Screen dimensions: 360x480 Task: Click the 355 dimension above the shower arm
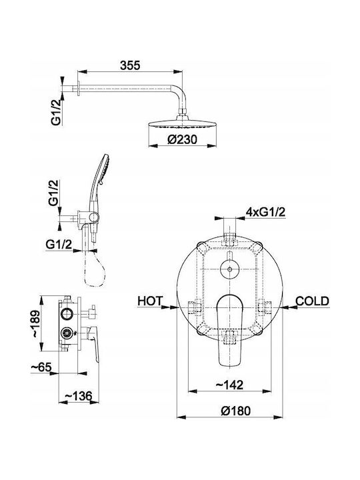(x=130, y=65)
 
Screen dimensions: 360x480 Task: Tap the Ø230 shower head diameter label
(x=183, y=139)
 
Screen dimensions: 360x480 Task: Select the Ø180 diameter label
(x=236, y=411)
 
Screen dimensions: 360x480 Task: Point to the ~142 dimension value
(x=229, y=385)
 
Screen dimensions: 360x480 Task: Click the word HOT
(x=150, y=301)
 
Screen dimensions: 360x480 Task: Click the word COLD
(x=312, y=301)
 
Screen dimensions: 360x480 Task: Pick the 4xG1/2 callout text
(x=266, y=212)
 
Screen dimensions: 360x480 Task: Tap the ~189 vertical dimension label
(x=35, y=324)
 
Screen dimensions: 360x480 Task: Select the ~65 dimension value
(x=41, y=367)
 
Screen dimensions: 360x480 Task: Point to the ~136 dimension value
(x=78, y=396)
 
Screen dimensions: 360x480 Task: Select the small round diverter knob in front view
(x=229, y=269)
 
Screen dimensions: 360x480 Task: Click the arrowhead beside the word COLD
(x=288, y=307)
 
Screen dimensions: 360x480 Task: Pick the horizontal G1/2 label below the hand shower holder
(x=59, y=244)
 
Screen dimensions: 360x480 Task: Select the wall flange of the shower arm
(x=79, y=89)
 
